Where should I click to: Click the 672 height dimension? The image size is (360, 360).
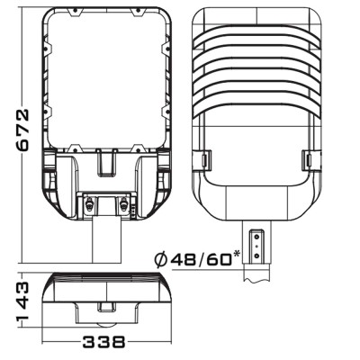tap(22, 129)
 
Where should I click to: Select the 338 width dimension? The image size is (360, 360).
tap(103, 342)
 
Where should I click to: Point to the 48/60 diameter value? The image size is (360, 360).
tap(201, 259)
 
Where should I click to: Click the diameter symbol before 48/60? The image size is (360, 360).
tap(160, 259)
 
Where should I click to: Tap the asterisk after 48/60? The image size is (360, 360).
tap(237, 254)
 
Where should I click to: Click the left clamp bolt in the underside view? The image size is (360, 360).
tap(89, 204)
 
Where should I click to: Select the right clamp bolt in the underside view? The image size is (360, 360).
tap(123, 204)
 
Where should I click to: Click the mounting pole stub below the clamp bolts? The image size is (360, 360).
tap(106, 240)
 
